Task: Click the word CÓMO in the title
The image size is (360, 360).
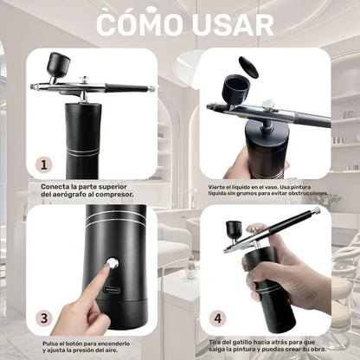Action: pos(137,25)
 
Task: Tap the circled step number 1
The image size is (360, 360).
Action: pos(45,164)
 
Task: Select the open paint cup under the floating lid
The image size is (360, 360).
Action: pos(235,88)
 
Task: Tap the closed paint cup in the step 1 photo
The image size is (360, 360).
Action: pos(59,65)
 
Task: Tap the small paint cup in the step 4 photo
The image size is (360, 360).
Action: pos(234,229)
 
